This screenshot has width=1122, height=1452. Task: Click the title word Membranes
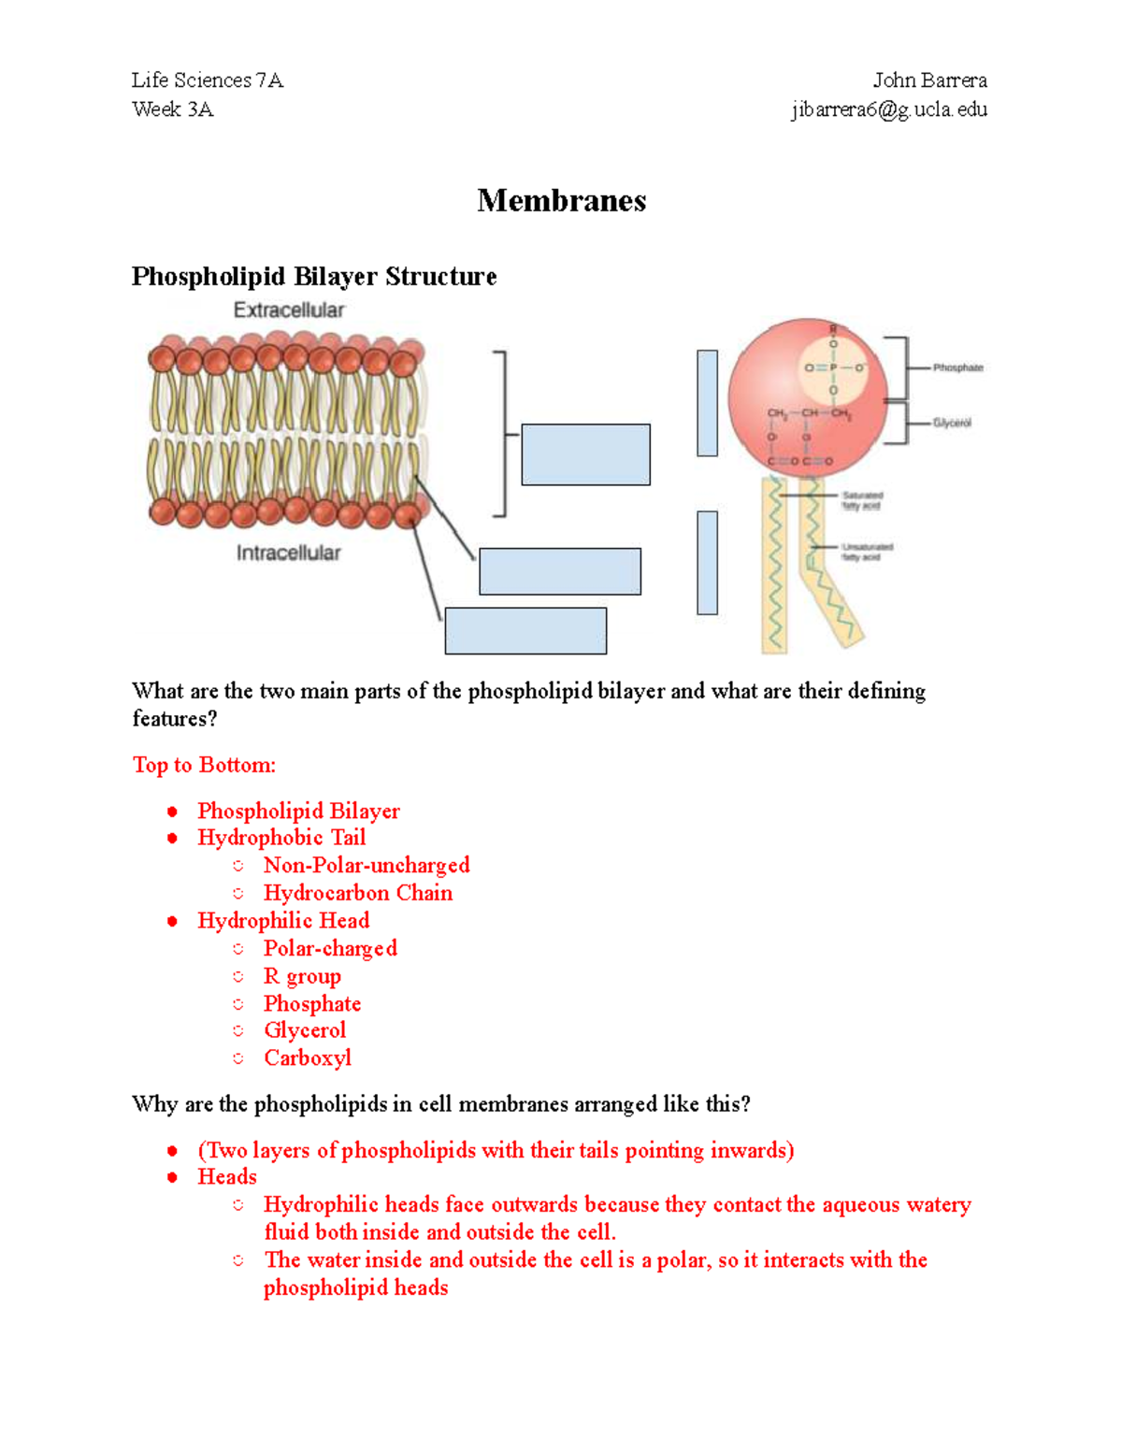[x=561, y=201]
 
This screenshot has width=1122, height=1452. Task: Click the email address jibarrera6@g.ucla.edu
[x=889, y=109]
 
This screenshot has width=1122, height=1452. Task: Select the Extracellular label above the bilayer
[x=289, y=310]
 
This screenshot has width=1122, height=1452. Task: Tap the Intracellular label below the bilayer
[x=288, y=553]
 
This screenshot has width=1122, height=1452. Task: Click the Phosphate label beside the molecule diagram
[x=957, y=368]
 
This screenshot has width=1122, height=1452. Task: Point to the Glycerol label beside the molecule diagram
[x=952, y=424]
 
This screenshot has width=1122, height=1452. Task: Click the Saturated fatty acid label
[x=861, y=501]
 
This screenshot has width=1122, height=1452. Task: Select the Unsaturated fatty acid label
[x=866, y=552]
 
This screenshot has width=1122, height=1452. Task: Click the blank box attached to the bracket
[x=585, y=454]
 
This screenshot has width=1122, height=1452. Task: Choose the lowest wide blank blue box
[x=525, y=630]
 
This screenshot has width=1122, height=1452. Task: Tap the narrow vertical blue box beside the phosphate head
[x=707, y=403]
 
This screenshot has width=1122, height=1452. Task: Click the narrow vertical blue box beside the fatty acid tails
[x=707, y=563]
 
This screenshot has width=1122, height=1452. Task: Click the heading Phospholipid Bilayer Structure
[x=314, y=277]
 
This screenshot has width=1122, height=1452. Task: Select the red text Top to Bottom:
[x=204, y=765]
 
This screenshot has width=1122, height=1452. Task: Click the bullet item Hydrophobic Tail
[x=281, y=838]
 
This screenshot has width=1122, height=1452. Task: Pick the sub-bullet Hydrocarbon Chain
[x=358, y=893]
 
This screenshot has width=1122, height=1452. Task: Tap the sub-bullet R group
[x=302, y=976]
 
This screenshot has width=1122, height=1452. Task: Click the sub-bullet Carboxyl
[x=308, y=1057]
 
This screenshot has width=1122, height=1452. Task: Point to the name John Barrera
[x=929, y=80]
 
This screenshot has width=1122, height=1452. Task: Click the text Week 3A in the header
[x=173, y=109]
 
